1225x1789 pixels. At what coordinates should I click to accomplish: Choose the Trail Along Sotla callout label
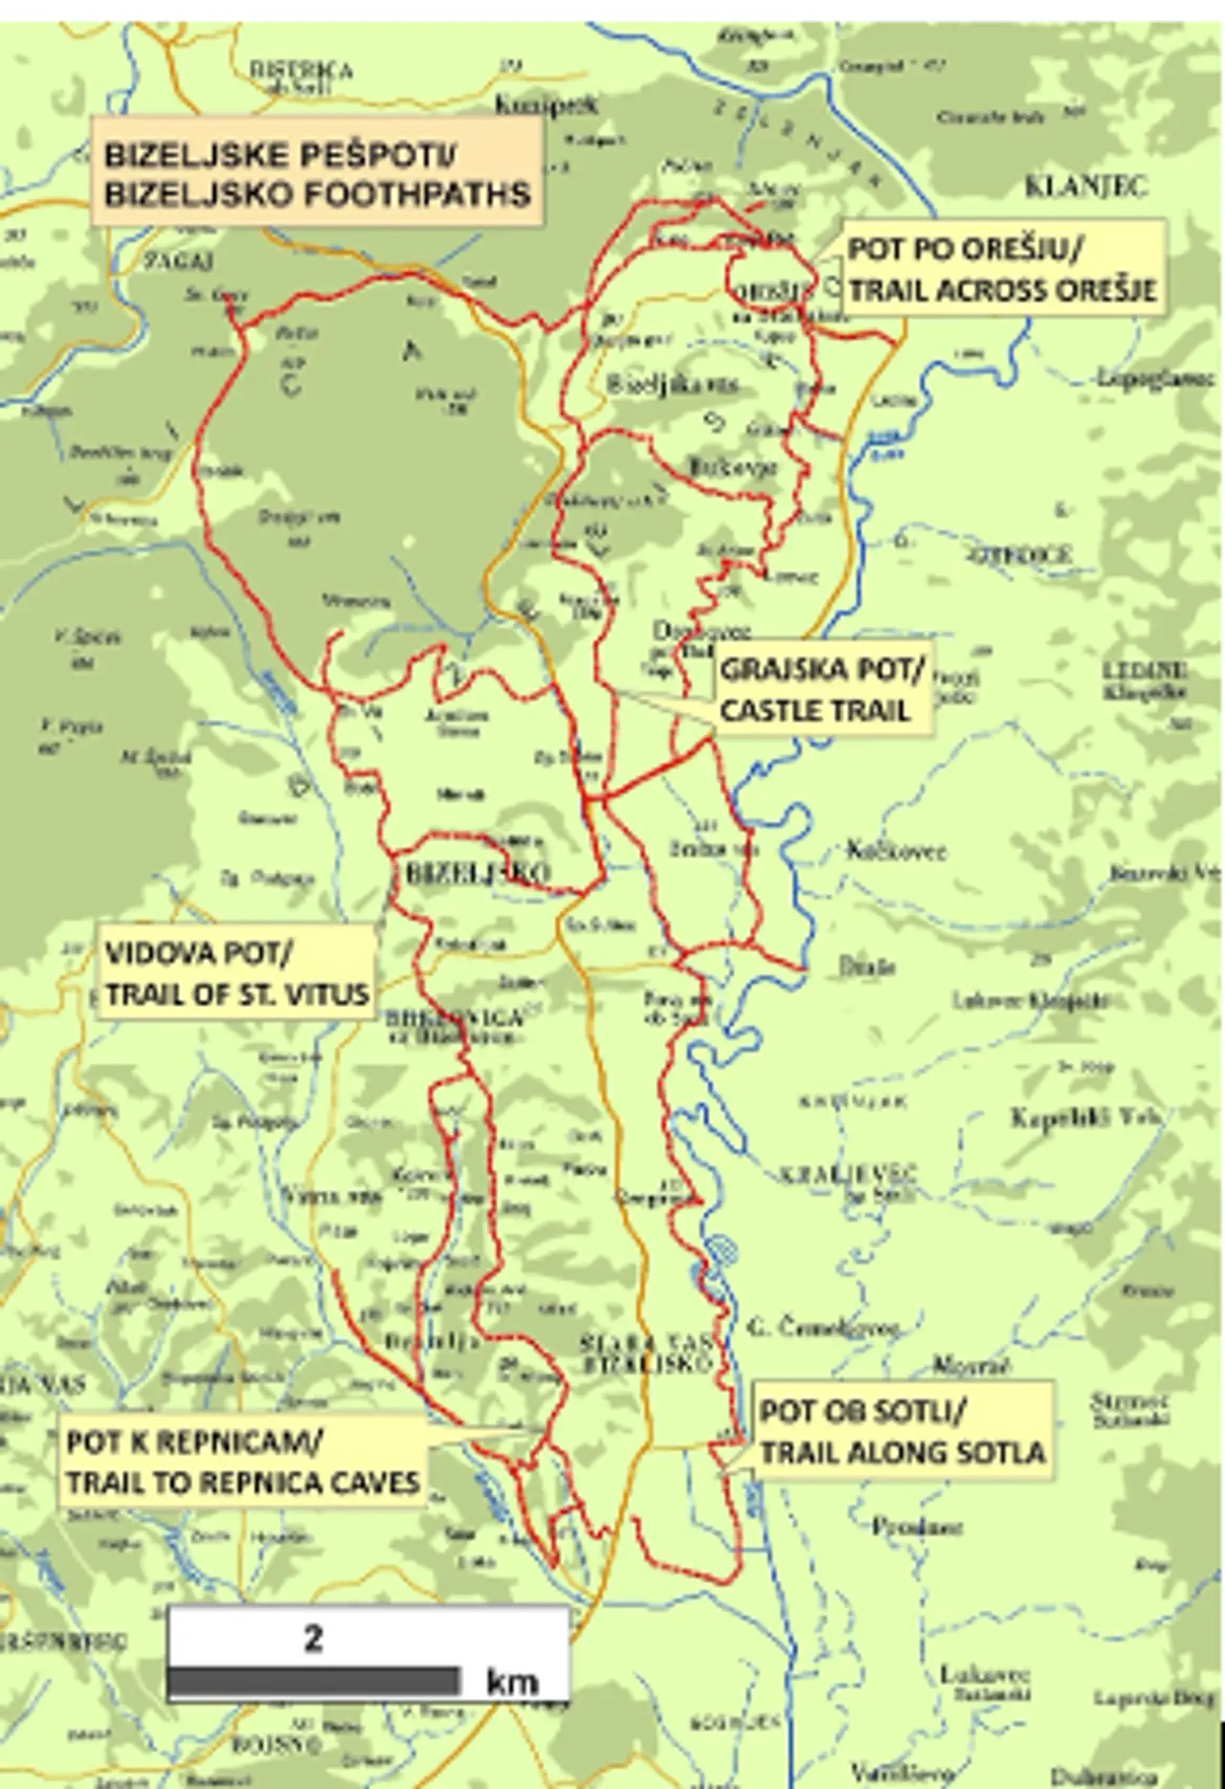(901, 1432)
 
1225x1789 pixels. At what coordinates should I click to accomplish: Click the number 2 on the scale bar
(313, 1638)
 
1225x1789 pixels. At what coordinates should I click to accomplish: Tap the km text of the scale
(512, 1681)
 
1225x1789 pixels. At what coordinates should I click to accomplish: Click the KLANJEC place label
(1085, 187)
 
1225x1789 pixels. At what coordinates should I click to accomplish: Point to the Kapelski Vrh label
(1086, 1117)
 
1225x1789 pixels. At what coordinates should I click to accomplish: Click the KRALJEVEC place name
(848, 1174)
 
